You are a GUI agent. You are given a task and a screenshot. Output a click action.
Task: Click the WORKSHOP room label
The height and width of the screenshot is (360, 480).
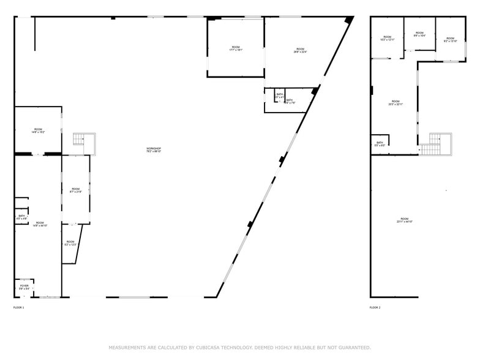(x=154, y=150)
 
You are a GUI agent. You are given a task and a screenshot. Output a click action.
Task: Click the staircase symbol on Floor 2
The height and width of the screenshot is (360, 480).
(x=435, y=144)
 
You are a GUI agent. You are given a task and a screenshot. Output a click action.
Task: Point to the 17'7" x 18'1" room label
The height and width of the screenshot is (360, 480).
(x=236, y=49)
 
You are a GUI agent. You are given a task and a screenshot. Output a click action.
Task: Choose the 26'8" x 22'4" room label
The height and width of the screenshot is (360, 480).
(x=300, y=50)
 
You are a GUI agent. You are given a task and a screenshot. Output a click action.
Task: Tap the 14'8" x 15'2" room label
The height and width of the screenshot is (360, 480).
(x=38, y=130)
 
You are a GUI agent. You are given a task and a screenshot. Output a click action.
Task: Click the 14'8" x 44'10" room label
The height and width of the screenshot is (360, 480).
(x=40, y=224)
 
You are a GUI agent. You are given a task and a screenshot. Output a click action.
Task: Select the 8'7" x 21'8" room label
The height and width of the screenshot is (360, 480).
(x=75, y=190)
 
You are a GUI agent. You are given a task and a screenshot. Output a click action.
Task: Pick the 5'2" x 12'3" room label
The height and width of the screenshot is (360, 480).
(x=70, y=243)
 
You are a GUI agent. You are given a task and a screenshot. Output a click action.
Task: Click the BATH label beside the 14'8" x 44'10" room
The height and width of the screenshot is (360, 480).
(x=21, y=217)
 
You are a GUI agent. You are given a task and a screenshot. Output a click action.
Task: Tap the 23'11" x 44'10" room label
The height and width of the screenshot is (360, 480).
(x=404, y=220)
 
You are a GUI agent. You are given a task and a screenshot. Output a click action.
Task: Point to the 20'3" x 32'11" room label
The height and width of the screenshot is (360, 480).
(x=396, y=103)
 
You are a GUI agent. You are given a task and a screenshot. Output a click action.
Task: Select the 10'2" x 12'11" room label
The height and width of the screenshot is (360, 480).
(x=387, y=39)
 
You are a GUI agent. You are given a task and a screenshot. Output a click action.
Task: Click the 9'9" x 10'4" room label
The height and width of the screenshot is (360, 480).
(x=419, y=34)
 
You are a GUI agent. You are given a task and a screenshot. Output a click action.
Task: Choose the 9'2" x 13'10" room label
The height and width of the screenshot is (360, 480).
(x=451, y=40)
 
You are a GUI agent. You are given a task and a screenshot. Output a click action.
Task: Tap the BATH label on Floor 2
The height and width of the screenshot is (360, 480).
(x=380, y=144)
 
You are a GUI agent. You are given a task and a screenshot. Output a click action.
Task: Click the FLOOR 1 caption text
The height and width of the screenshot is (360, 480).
(x=19, y=307)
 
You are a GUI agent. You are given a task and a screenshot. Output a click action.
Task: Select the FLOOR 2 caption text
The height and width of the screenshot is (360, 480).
(x=375, y=307)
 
